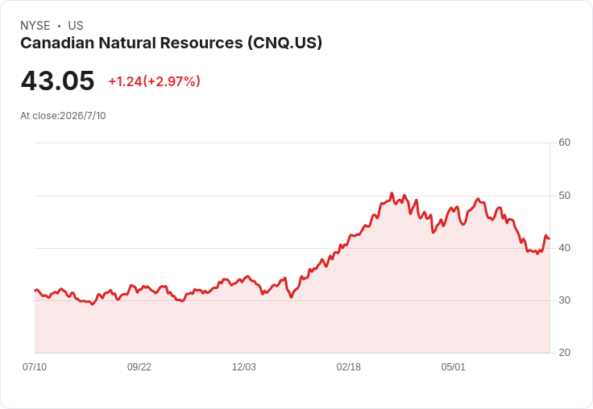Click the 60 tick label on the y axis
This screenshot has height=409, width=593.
click(564, 143)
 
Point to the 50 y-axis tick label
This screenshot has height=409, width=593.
click(564, 196)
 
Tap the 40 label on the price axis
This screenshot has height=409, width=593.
click(564, 248)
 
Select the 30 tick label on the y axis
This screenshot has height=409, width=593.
click(564, 300)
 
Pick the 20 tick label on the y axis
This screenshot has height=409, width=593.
click(564, 353)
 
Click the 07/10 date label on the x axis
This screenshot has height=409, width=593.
click(35, 366)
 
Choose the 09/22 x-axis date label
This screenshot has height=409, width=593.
click(139, 366)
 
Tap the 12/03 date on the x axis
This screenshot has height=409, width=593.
click(244, 366)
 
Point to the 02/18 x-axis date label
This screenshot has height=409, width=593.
click(349, 366)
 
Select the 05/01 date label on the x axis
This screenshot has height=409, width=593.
click(453, 366)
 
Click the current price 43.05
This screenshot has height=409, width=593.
click(57, 81)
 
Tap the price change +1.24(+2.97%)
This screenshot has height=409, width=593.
click(155, 81)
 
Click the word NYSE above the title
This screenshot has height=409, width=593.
click(35, 26)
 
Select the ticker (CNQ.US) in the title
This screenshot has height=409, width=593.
click(285, 43)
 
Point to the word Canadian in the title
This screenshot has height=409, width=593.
click(57, 43)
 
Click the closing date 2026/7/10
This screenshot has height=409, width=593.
click(83, 116)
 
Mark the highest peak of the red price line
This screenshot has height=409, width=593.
click(392, 193)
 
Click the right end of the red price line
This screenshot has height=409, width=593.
click(549, 238)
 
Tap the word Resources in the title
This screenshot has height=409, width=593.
click(201, 43)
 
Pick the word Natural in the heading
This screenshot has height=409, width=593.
click(127, 43)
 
